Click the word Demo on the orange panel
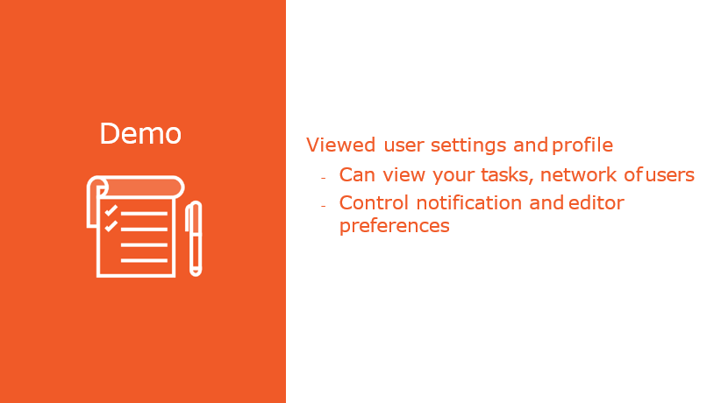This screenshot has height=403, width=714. tap(140, 134)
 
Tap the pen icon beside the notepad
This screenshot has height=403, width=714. tap(194, 238)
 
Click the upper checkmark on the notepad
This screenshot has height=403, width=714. tap(111, 210)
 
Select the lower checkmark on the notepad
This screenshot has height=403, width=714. tap(111, 226)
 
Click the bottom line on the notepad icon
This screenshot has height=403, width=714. tap(144, 260)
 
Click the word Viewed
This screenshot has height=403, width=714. tap(340, 145)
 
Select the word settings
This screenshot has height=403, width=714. tap(468, 146)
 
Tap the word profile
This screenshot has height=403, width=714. tap(582, 145)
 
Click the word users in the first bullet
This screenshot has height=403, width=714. tap(670, 174)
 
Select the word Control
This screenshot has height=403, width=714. tap(374, 203)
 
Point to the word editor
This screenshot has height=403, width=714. tap(596, 203)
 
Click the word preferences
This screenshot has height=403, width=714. tap(395, 226)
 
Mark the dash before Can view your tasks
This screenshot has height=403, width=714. tap(324, 178)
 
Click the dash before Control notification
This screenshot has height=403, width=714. tap(324, 206)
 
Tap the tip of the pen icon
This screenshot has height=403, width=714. tap(196, 274)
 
